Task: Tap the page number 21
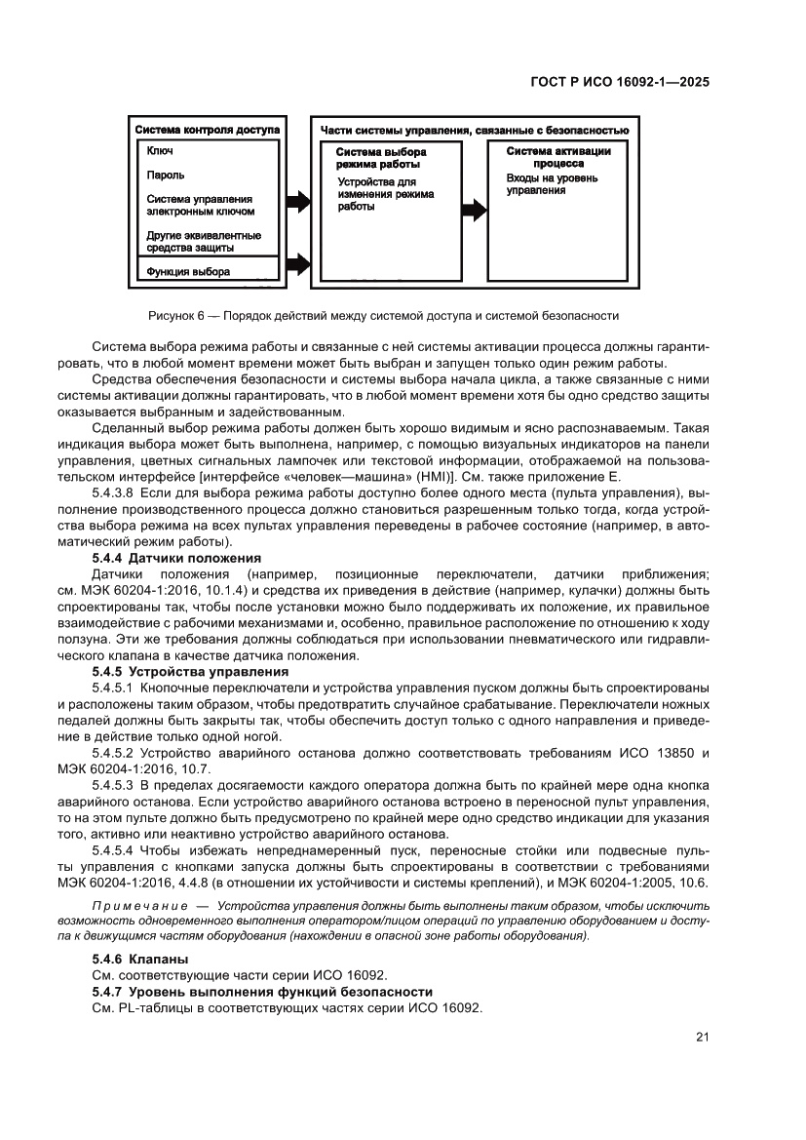[x=702, y=1037]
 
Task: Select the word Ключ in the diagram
[x=160, y=152]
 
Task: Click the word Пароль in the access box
[x=166, y=176]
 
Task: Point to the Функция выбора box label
[x=188, y=272]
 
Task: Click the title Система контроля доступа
[x=207, y=129]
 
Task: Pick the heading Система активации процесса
[x=558, y=158]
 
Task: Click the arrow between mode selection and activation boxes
[x=475, y=209]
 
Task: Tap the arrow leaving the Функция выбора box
[x=296, y=263]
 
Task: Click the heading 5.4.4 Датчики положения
[x=175, y=558]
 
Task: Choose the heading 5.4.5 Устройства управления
[x=189, y=672]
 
